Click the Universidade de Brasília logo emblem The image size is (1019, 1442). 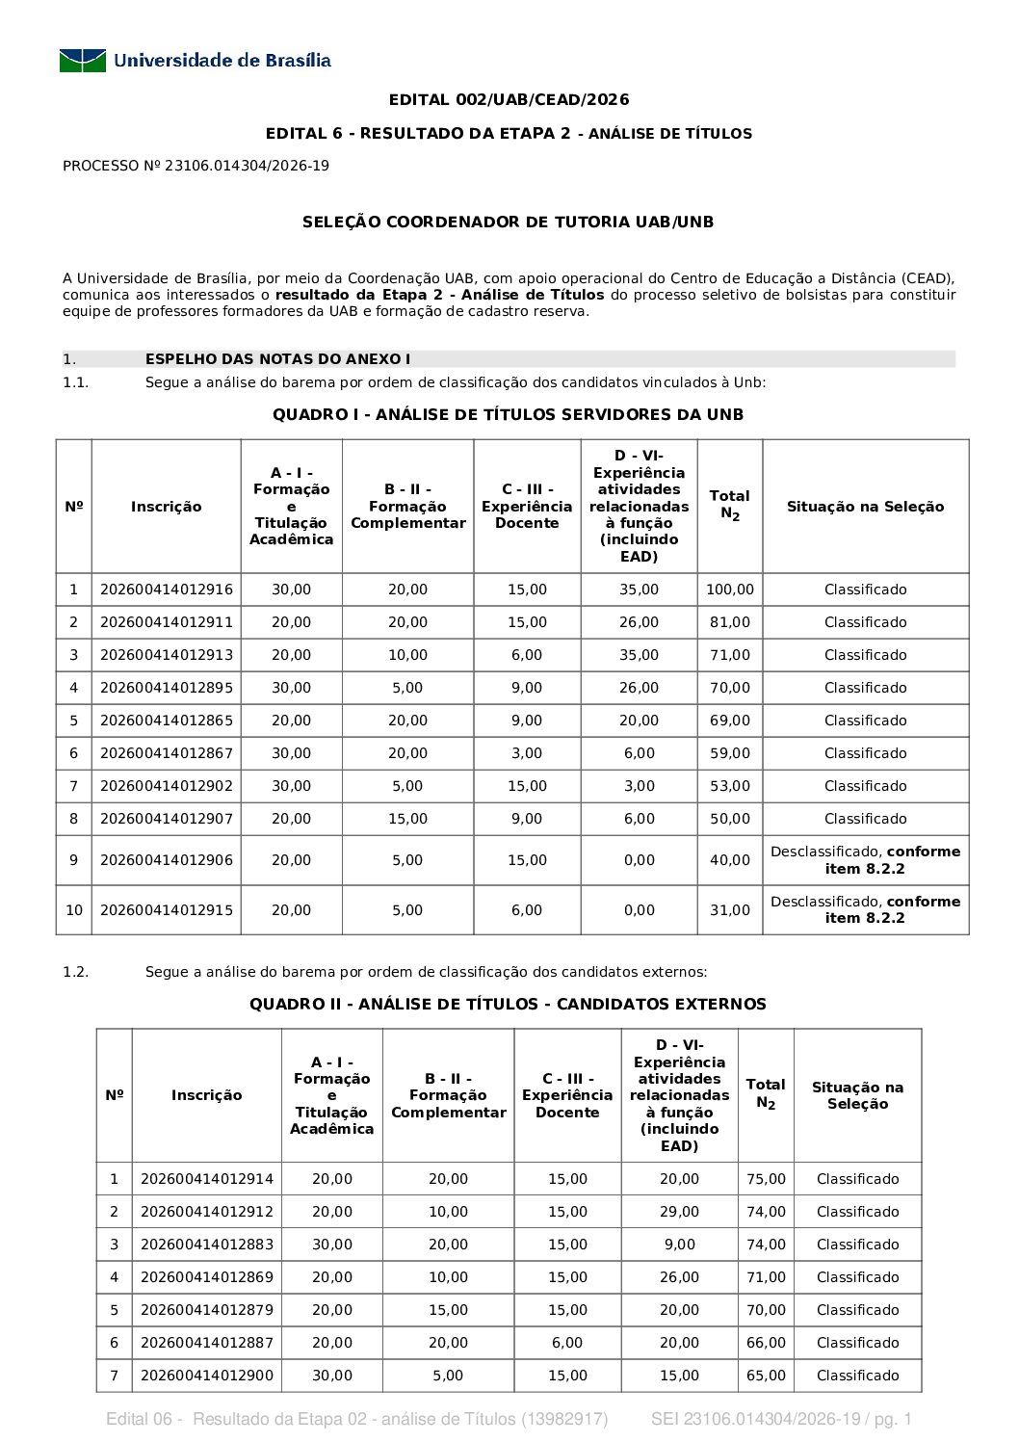coord(82,61)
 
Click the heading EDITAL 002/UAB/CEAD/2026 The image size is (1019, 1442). coord(509,99)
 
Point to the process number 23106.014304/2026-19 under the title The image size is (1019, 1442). coord(247,166)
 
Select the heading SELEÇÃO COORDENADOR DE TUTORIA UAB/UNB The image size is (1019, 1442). coord(509,222)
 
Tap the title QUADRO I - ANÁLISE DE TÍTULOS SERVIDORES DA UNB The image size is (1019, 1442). coord(508,414)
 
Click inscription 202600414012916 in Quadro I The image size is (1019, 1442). coord(167,590)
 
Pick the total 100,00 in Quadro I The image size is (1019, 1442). coord(730,590)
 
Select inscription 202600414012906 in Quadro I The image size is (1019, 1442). coord(167,860)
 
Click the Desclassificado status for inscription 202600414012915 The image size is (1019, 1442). coord(865,909)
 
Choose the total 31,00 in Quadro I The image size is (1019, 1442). coord(730,910)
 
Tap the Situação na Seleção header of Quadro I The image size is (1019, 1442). coord(865,507)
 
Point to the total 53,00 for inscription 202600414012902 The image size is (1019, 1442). coord(730,786)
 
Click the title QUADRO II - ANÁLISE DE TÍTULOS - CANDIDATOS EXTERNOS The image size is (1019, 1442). coord(508,1004)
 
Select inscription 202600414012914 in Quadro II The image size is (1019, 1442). coord(207,1179)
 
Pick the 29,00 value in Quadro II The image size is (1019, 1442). coord(679,1212)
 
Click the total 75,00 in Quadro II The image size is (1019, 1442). coord(766,1179)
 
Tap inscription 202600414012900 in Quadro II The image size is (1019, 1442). coord(207,1376)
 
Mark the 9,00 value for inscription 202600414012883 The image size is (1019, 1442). coord(679,1245)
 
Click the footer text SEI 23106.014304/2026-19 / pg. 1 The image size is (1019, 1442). coord(781,1419)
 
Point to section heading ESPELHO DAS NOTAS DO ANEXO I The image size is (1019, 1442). coord(277,359)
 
